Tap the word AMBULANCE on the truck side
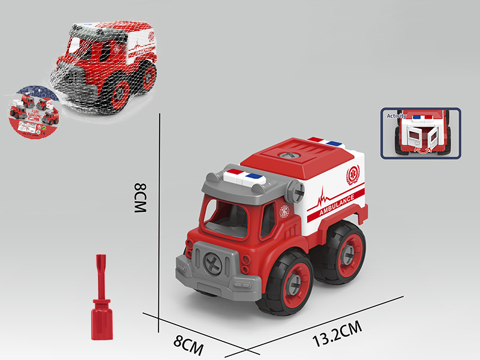[337, 205]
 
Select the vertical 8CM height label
[140, 199]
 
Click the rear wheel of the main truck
[346, 253]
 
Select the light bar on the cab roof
[242, 176]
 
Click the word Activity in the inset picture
[397, 116]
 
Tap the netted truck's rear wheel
[146, 75]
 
